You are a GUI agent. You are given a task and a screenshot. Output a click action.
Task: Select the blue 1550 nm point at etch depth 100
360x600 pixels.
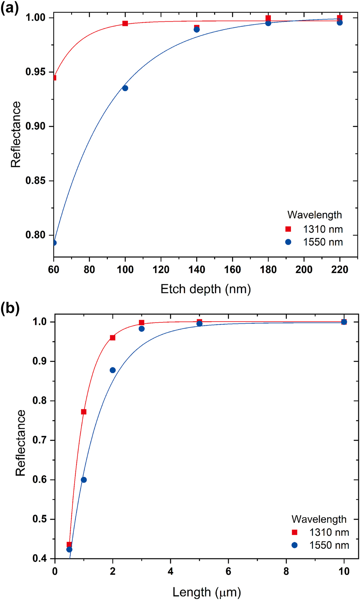pyautogui.click(x=125, y=88)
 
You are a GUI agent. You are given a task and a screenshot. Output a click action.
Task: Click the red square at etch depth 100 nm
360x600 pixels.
pyautogui.click(x=125, y=24)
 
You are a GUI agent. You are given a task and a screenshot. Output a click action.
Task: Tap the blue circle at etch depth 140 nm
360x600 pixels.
pyautogui.click(x=197, y=29)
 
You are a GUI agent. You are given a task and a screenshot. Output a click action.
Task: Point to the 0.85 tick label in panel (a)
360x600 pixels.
pyautogui.click(x=35, y=181)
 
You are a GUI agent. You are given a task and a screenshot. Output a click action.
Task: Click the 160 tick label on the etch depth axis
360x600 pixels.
pyautogui.click(x=232, y=269)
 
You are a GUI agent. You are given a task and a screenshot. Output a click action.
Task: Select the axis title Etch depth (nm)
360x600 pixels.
pyautogui.click(x=206, y=289)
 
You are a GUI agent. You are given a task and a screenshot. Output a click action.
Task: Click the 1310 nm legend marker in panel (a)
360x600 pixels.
pyautogui.click(x=288, y=229)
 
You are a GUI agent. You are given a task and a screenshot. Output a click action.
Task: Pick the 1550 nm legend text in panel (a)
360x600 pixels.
pyautogui.click(x=323, y=242)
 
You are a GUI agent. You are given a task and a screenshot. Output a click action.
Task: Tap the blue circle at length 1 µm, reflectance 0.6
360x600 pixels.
pyautogui.click(x=84, y=480)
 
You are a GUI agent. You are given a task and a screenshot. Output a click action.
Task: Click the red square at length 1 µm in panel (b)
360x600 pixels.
pyautogui.click(x=84, y=412)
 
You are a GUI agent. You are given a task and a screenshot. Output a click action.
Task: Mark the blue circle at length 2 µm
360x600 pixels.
pyautogui.click(x=113, y=370)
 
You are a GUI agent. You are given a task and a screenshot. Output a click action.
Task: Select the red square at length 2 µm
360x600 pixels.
pyautogui.click(x=113, y=338)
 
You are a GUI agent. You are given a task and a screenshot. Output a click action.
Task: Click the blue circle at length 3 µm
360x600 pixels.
pyautogui.click(x=141, y=329)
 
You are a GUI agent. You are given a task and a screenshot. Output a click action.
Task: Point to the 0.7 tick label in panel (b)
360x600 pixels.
pyautogui.click(x=40, y=440)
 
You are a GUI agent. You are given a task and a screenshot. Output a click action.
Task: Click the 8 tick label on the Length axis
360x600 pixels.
pyautogui.click(x=286, y=571)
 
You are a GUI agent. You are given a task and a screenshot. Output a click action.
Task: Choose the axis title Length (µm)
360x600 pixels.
pyautogui.click(x=207, y=592)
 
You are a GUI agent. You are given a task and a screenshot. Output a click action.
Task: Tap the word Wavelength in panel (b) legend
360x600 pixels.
pyautogui.click(x=319, y=519)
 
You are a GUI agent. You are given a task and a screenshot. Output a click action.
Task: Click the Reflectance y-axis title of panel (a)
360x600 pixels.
pyautogui.click(x=16, y=134)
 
